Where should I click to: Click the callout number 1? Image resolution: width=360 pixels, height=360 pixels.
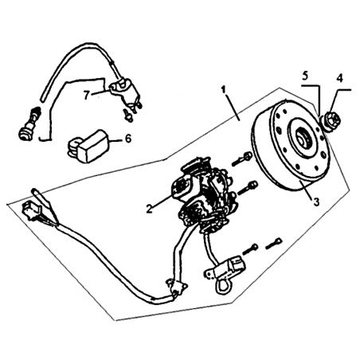(224, 90)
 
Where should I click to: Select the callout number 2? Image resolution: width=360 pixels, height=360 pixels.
(150, 209)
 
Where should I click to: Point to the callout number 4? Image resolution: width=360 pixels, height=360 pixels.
(340, 78)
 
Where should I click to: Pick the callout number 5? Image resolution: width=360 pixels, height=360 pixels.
(305, 76)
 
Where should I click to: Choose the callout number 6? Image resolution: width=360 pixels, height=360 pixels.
(128, 139)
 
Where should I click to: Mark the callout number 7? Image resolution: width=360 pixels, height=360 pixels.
(86, 96)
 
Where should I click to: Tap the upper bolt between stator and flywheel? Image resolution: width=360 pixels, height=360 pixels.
(242, 158)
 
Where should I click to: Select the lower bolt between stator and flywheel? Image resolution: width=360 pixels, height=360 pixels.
(248, 188)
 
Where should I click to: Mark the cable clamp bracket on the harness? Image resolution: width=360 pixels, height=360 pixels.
(177, 288)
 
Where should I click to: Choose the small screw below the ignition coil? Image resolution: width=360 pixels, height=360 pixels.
(128, 116)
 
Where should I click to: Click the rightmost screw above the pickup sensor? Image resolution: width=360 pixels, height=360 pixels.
(273, 244)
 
